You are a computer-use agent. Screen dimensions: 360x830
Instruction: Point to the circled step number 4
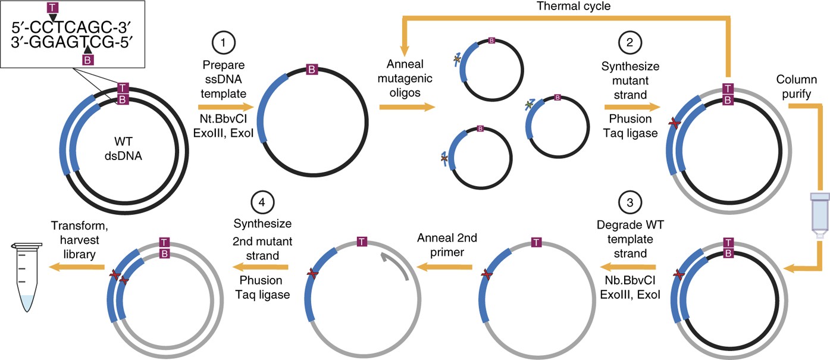click(262, 202)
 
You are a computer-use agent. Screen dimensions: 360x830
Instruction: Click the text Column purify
click(801, 86)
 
